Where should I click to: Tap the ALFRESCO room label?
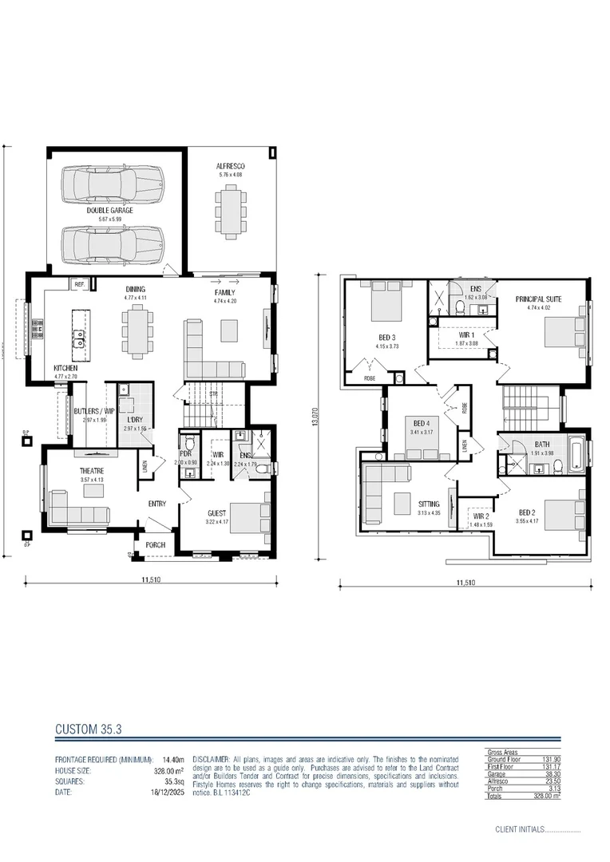pos(229,167)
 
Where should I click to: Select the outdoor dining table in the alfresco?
pos(231,212)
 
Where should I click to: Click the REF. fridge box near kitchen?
pos(80,284)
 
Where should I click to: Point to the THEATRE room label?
pos(91,471)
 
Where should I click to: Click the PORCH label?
pos(156,546)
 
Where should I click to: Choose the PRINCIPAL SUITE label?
pos(538,299)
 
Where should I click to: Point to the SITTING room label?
pos(429,504)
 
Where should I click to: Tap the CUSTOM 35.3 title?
pos(87,729)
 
